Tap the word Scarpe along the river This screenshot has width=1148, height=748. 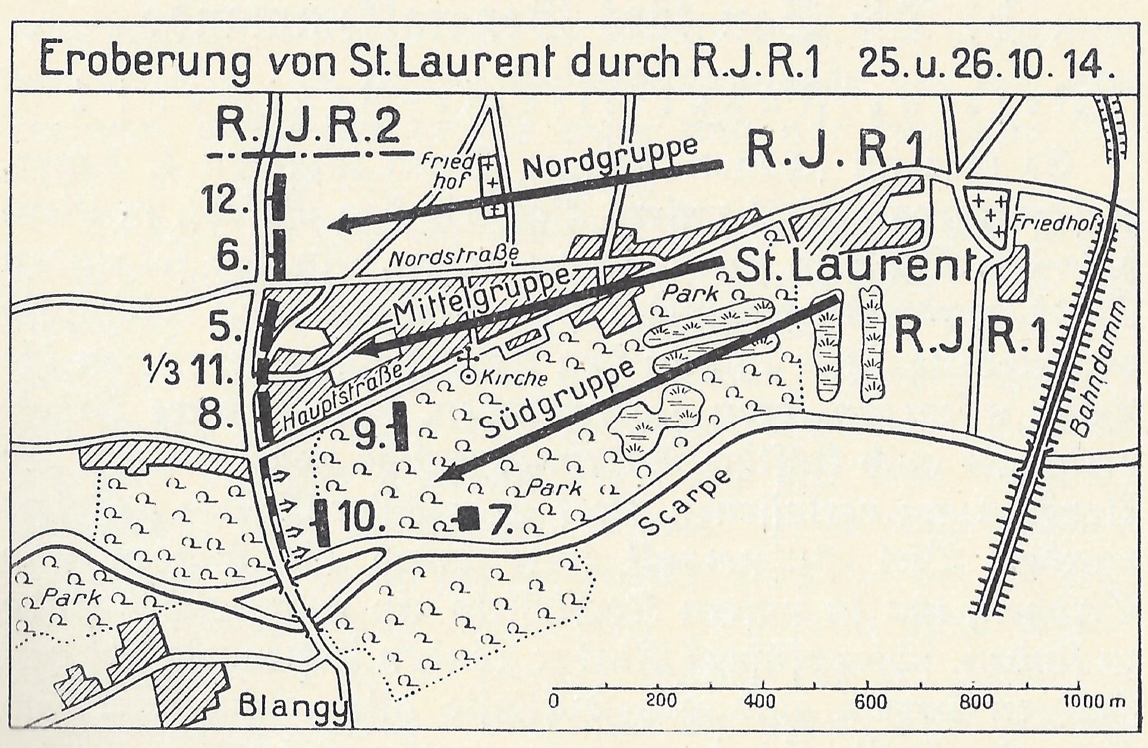685,509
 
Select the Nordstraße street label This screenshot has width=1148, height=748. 454,258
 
